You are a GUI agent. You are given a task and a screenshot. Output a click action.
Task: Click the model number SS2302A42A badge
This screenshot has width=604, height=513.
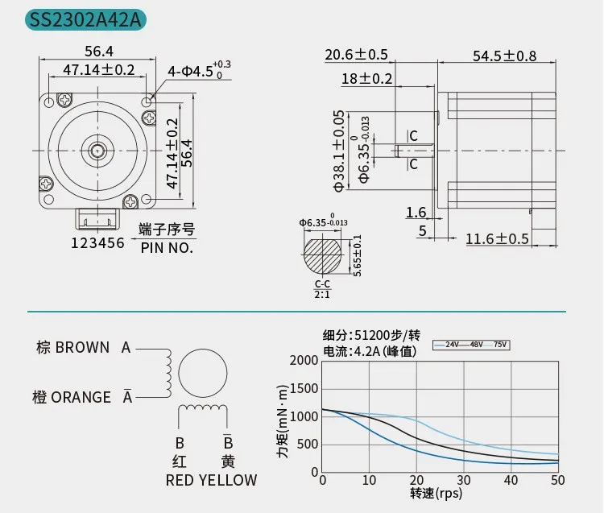click(x=85, y=19)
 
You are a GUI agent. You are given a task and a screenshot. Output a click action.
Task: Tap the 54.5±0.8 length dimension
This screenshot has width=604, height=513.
click(x=504, y=56)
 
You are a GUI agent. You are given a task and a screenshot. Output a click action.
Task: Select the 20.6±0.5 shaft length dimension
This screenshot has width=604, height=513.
click(x=356, y=55)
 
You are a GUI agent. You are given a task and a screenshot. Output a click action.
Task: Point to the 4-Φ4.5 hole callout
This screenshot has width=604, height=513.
click(x=199, y=70)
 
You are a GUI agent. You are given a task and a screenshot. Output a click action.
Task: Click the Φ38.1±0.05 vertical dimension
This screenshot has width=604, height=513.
click(x=339, y=151)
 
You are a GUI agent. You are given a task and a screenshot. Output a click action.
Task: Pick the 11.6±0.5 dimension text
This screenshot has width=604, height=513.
click(x=498, y=239)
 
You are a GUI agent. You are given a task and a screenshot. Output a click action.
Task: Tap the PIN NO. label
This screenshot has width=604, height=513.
click(x=167, y=248)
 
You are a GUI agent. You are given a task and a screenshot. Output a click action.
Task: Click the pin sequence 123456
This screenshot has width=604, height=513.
click(x=97, y=243)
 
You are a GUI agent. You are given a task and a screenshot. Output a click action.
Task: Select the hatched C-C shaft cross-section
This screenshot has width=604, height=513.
click(x=322, y=254)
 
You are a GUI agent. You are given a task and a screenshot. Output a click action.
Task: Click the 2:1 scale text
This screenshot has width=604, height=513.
click(x=322, y=295)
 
